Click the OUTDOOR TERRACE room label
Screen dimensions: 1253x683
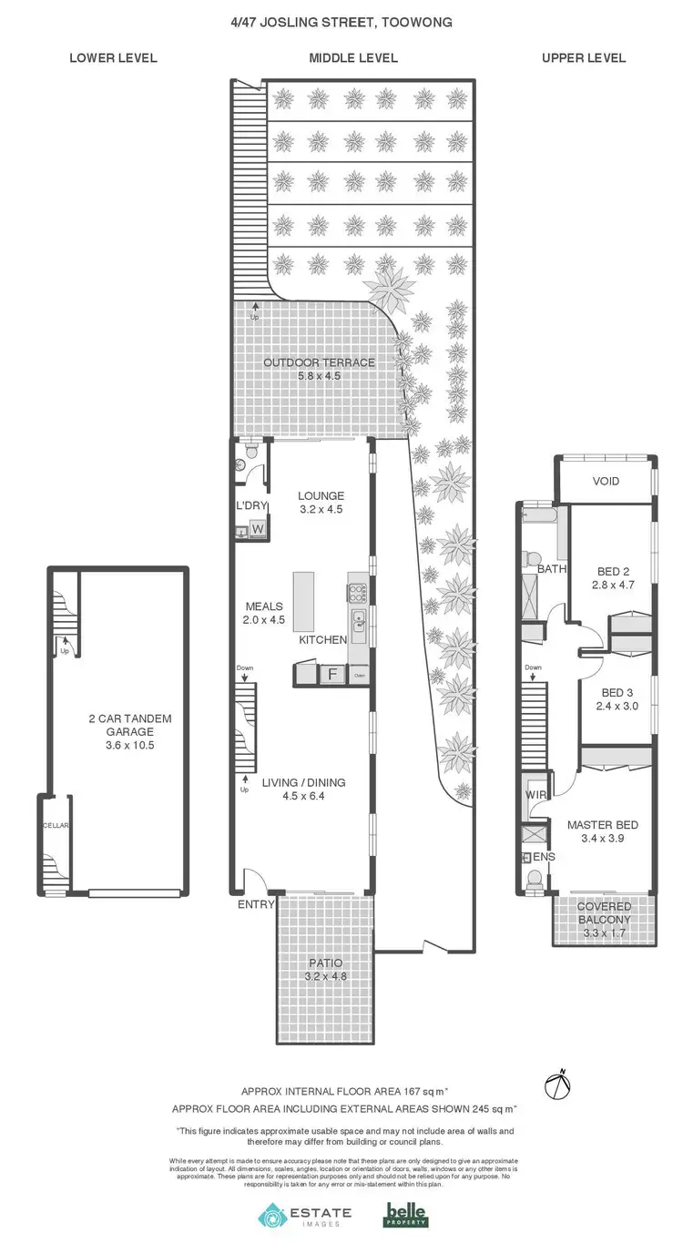pos(319,362)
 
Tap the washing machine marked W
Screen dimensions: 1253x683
pos(258,529)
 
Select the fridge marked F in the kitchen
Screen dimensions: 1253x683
pos(332,675)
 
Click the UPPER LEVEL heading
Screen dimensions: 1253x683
pos(584,58)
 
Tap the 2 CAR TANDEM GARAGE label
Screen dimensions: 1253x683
pos(117,725)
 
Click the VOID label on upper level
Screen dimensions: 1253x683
pos(606,481)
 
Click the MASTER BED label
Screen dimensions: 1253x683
pos(602,825)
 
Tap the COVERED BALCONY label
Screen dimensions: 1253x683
pos(603,912)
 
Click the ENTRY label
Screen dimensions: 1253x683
pos(255,905)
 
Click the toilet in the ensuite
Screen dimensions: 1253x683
pos(535,878)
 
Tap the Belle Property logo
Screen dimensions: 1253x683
pos(405,1215)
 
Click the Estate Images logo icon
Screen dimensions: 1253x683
pos(272,1216)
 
